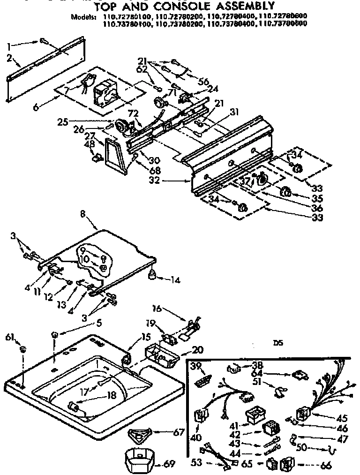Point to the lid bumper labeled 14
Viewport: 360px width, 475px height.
pos(152,277)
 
